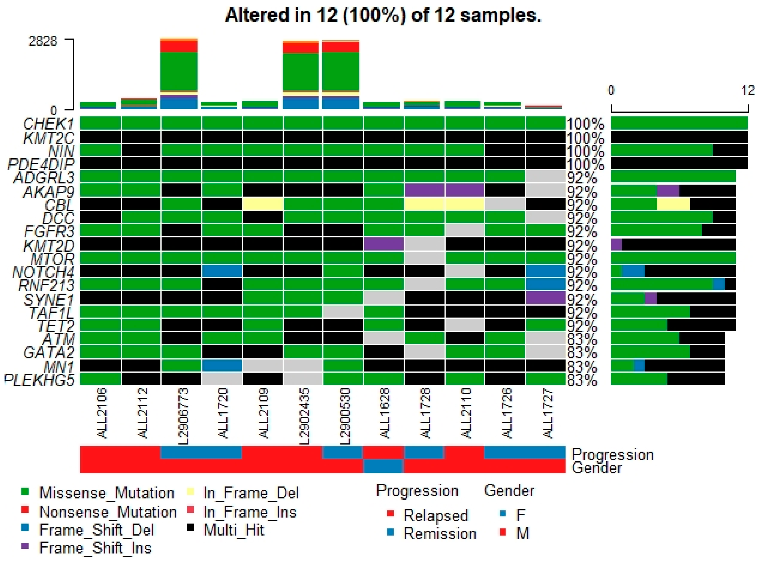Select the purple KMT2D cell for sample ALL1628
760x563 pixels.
pos(384,245)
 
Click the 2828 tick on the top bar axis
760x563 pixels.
pos(43,41)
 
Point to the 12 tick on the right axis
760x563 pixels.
pos(748,90)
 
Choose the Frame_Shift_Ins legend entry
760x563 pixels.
pos(95,548)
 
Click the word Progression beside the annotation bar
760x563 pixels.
pos(612,455)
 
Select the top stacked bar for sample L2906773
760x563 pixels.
pos(179,73)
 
